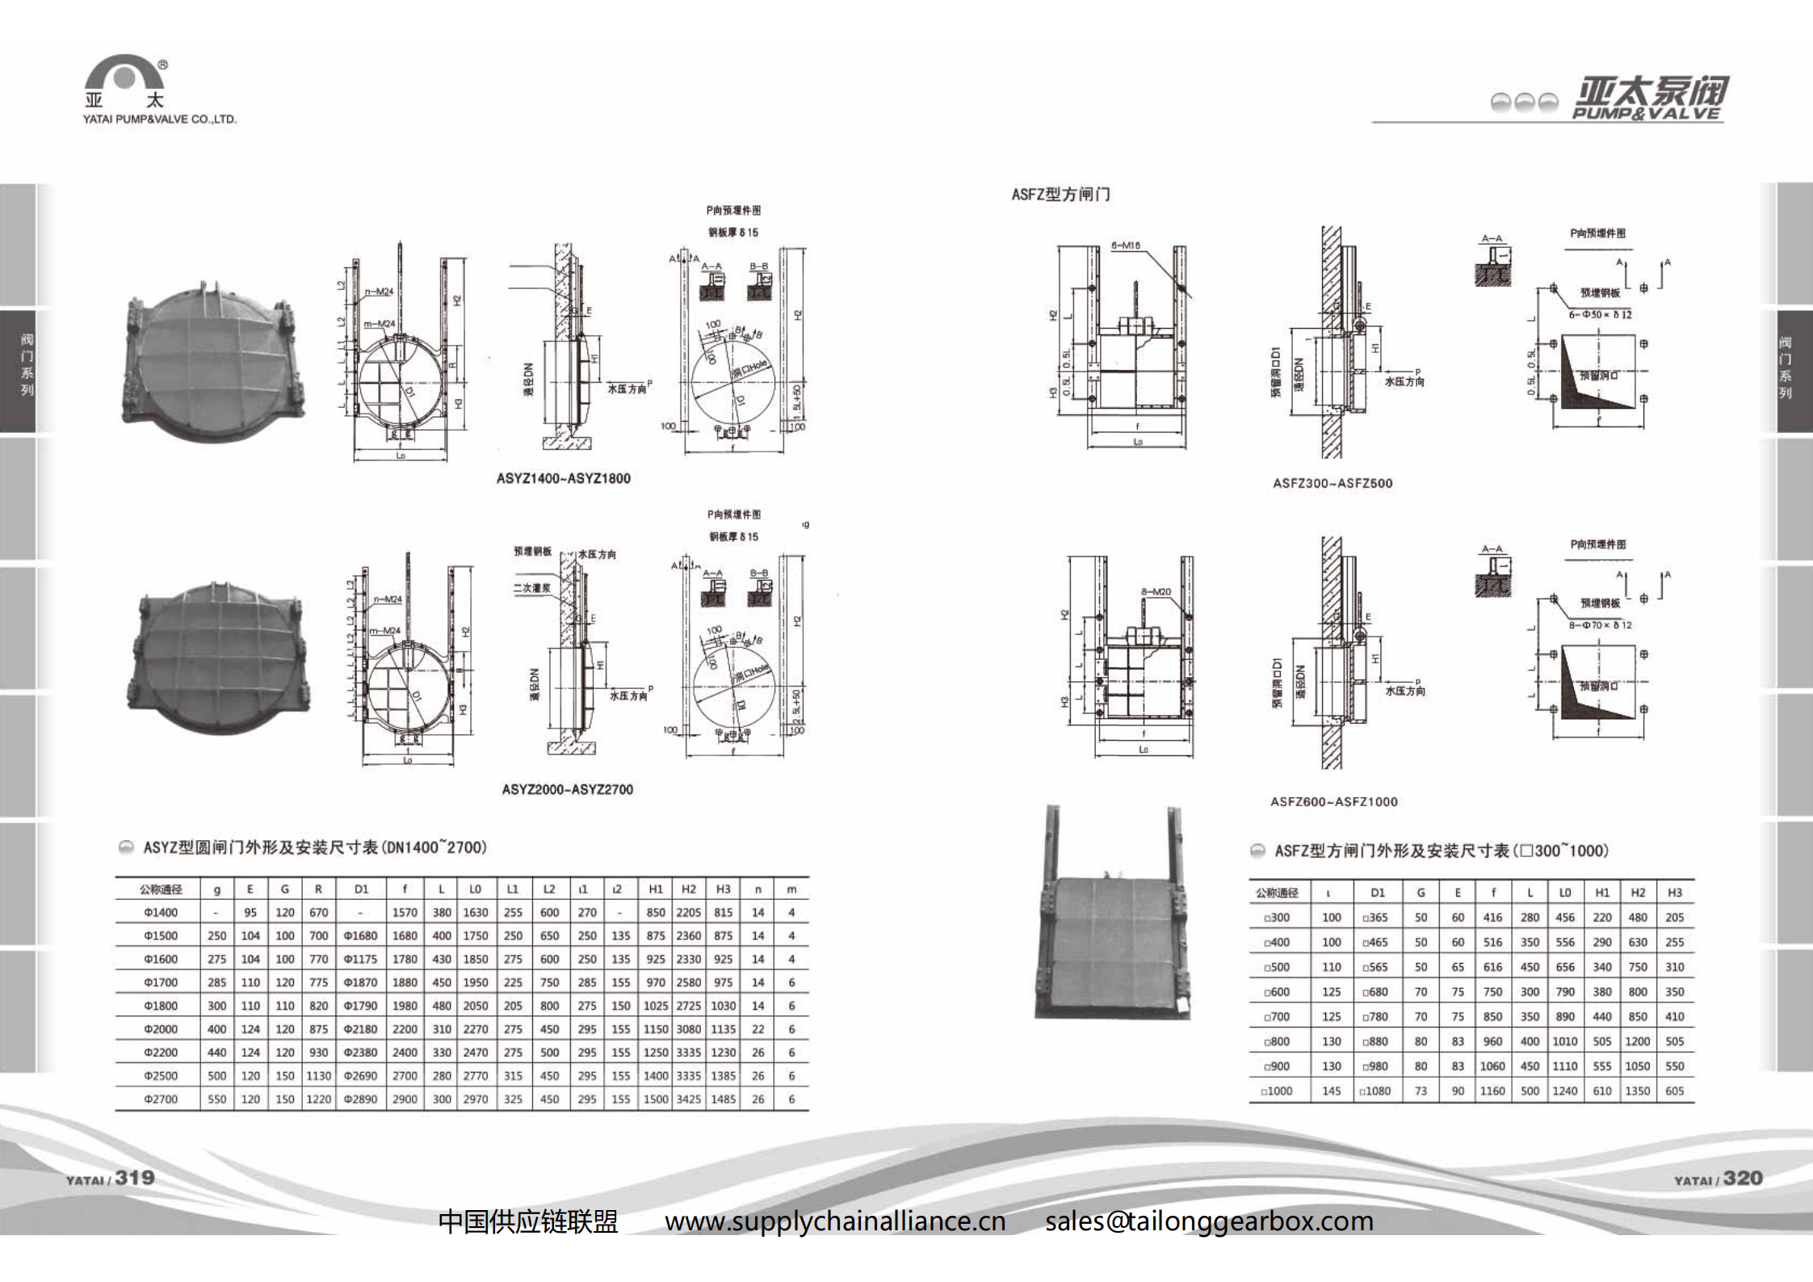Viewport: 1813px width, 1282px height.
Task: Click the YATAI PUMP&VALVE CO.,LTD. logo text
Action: (x=159, y=120)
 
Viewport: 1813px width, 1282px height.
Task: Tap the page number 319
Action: (x=134, y=1178)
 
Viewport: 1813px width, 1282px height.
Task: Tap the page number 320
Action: (x=1742, y=1179)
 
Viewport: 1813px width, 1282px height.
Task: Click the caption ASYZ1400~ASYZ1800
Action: (x=563, y=478)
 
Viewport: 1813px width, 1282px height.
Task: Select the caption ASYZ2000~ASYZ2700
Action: (x=567, y=789)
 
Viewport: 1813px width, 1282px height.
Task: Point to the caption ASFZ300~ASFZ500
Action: (x=1332, y=483)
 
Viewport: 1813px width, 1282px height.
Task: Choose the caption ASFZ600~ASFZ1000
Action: (x=1333, y=801)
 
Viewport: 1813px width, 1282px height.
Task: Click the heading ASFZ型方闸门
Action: (x=1060, y=195)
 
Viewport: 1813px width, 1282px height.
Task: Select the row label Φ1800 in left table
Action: (x=160, y=1006)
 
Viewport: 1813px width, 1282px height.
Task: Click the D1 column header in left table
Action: (x=361, y=889)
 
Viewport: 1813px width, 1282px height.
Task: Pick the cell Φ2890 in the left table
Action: (x=360, y=1099)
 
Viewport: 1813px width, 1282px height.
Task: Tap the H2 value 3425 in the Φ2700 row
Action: (x=688, y=1099)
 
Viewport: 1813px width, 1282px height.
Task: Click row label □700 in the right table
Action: (x=1276, y=1017)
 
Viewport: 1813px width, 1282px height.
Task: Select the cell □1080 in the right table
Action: (x=1374, y=1091)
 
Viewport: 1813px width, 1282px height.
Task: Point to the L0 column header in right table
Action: (x=1564, y=893)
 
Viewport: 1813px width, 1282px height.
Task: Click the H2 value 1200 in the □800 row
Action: (x=1637, y=1041)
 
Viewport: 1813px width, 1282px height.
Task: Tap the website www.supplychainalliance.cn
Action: (x=835, y=1221)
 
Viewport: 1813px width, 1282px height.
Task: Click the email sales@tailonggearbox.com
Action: (x=1209, y=1221)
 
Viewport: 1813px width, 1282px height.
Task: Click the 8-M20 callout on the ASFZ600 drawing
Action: (x=1156, y=592)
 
